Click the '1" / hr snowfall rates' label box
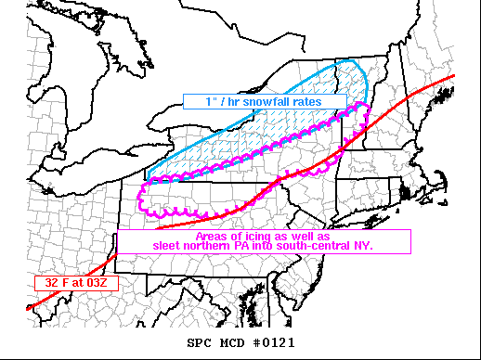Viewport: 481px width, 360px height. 264,101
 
